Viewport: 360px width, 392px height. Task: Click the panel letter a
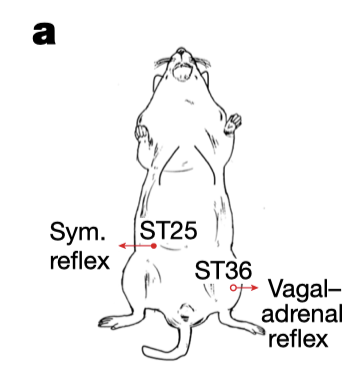(x=44, y=35)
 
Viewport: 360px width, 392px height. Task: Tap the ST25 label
(x=168, y=230)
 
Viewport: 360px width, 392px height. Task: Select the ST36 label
(x=223, y=270)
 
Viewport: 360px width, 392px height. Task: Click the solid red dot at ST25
(x=154, y=246)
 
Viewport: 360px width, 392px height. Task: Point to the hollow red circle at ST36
(x=233, y=288)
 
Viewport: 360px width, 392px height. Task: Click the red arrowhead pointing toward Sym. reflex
(x=123, y=246)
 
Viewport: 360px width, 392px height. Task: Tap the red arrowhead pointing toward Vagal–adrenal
(x=254, y=288)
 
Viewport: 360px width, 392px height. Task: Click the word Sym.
(x=78, y=232)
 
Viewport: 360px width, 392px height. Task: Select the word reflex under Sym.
(x=80, y=260)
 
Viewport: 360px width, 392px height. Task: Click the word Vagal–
(x=304, y=290)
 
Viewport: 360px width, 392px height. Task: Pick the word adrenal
(x=302, y=314)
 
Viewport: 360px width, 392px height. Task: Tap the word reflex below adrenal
(x=299, y=338)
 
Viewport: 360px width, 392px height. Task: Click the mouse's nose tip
(x=181, y=51)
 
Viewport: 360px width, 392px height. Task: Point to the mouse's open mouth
(x=181, y=71)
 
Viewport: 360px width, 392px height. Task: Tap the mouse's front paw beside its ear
(x=233, y=124)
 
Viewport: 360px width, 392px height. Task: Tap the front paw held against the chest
(x=142, y=133)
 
